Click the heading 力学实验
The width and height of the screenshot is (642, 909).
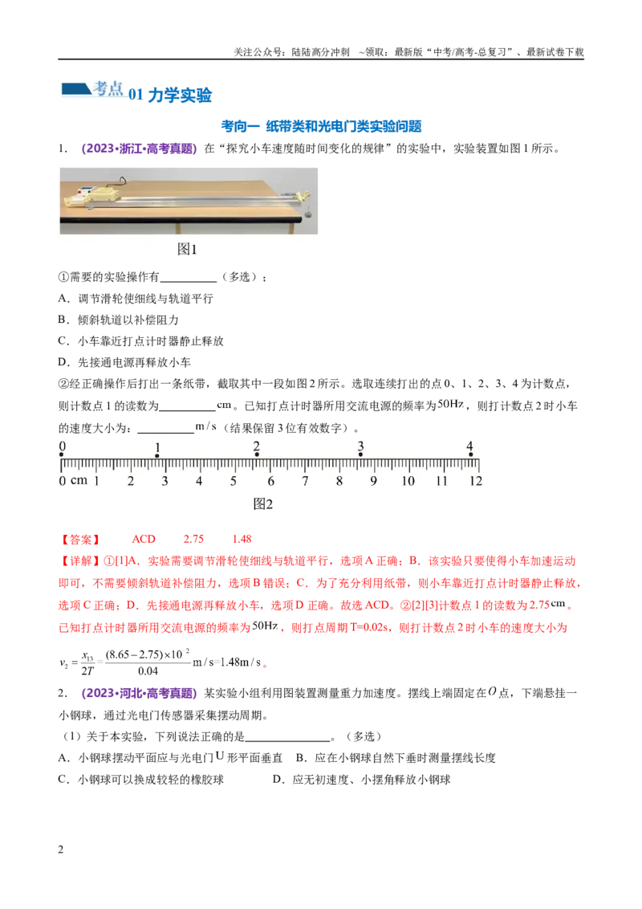(x=180, y=95)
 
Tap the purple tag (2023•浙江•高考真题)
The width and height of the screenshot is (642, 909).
(x=139, y=149)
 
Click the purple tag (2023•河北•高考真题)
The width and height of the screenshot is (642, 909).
(x=139, y=693)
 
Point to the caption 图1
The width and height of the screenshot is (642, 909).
(x=187, y=249)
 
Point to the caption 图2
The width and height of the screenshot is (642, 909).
(x=262, y=503)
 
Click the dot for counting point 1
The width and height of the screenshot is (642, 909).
(x=157, y=455)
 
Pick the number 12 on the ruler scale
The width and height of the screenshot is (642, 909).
(x=476, y=480)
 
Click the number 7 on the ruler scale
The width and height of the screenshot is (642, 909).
(x=306, y=480)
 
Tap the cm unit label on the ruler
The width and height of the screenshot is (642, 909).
(x=79, y=480)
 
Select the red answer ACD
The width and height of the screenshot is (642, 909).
(x=144, y=539)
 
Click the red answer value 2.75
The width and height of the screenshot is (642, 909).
(x=193, y=539)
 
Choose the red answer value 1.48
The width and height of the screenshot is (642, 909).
(x=242, y=539)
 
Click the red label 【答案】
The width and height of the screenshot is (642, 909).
(x=80, y=540)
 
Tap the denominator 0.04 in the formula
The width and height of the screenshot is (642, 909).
(x=148, y=671)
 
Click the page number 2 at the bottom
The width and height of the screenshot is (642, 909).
(x=61, y=850)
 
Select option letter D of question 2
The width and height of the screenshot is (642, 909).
(x=277, y=780)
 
